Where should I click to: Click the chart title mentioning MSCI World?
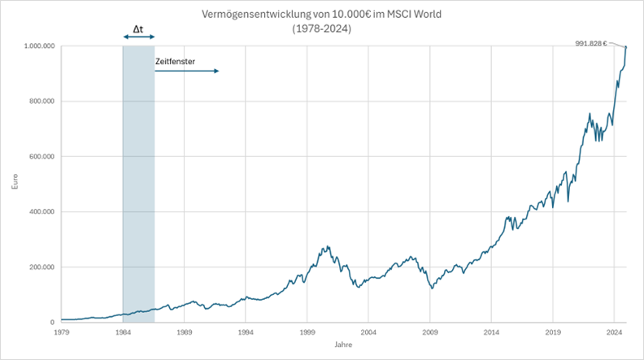point(322,15)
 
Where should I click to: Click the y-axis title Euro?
point(14,184)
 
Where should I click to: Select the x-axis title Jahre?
point(337,345)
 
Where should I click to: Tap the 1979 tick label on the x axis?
point(61,332)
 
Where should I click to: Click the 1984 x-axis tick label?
point(123,332)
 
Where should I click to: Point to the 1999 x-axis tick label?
point(307,332)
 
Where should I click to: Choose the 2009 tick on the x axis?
point(430,332)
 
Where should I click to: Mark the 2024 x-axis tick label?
point(615,332)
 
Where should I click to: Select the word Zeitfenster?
point(175,61)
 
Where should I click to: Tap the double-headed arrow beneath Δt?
point(138,37)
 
